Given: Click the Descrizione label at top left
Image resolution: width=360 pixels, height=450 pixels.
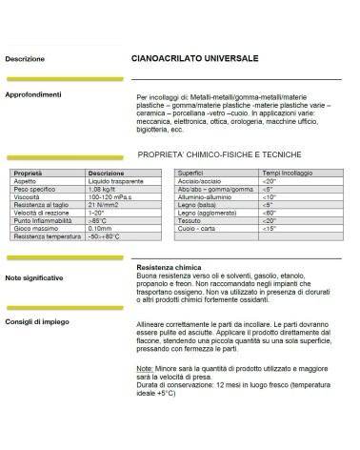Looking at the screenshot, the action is [x=25, y=59].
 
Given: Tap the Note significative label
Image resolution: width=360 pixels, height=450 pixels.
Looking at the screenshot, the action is [x=35, y=277].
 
